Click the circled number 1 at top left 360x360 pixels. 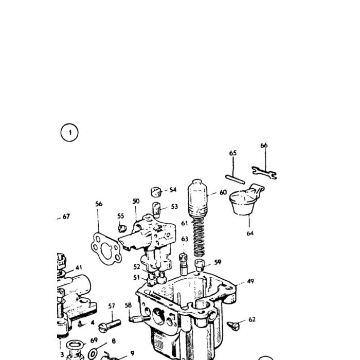pyautogui.click(x=69, y=133)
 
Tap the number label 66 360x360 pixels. pyautogui.click(x=264, y=146)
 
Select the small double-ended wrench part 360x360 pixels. pyautogui.click(x=264, y=173)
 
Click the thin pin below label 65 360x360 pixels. pyautogui.click(x=235, y=179)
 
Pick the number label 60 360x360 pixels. pyautogui.click(x=223, y=192)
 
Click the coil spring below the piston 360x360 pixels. pyautogui.click(x=199, y=237)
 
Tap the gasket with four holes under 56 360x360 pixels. pyautogui.click(x=106, y=248)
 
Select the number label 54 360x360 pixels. pyautogui.click(x=173, y=190)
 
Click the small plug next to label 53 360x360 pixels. pyautogui.click(x=156, y=210)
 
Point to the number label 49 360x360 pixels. pyautogui.click(x=250, y=281)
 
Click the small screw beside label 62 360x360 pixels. pyautogui.click(x=233, y=326)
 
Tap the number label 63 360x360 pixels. pyautogui.click(x=185, y=239)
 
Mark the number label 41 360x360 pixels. pyautogui.click(x=79, y=268)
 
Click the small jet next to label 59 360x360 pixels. pyautogui.click(x=200, y=265)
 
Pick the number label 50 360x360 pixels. pyautogui.click(x=136, y=202)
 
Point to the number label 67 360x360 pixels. pyautogui.click(x=66, y=217)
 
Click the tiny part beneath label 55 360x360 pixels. pyautogui.click(x=122, y=228)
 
